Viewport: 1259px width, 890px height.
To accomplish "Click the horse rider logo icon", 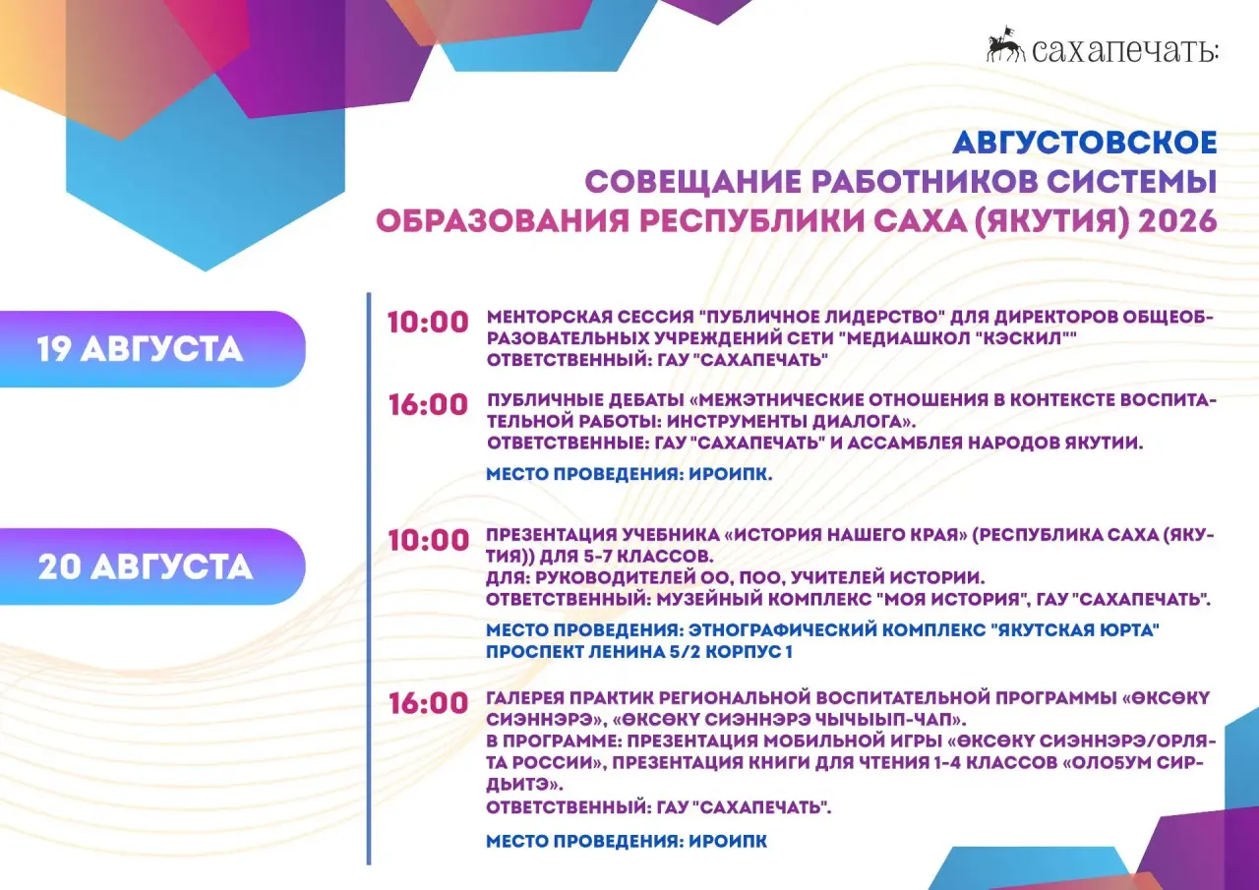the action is pyautogui.click(x=1005, y=44).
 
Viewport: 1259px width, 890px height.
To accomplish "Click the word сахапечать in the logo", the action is pyautogui.click(x=1125, y=49).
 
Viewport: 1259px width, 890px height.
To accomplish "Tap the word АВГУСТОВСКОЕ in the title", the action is pyautogui.click(x=1085, y=143).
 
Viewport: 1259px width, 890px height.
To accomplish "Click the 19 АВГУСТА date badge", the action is pyautogui.click(x=152, y=349).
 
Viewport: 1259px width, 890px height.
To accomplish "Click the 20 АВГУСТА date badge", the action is pyautogui.click(x=152, y=566).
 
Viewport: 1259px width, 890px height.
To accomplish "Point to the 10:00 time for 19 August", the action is pyautogui.click(x=428, y=323).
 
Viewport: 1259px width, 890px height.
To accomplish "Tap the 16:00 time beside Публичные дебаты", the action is pyautogui.click(x=428, y=404).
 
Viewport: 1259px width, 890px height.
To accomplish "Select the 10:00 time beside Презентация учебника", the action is pyautogui.click(x=428, y=540).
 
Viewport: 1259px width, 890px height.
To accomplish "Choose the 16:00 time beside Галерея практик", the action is pyautogui.click(x=428, y=703).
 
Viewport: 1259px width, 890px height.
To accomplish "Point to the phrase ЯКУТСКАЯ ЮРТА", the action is pyautogui.click(x=1075, y=629).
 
